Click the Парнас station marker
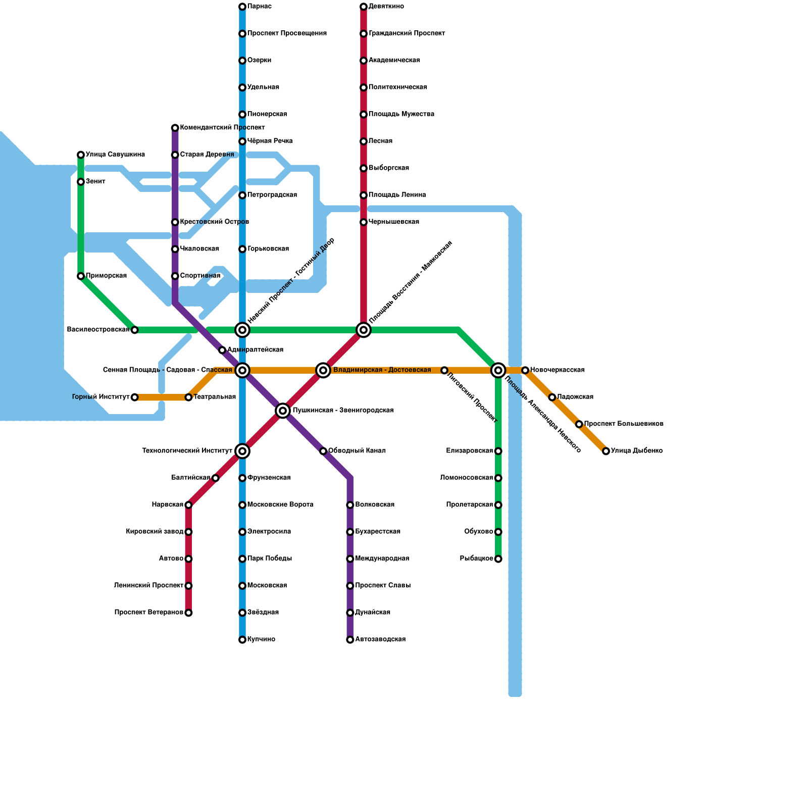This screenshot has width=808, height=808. pyautogui.click(x=242, y=7)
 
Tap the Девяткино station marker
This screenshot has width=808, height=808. pyautogui.click(x=364, y=7)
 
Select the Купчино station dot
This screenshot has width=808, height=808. pyautogui.click(x=242, y=640)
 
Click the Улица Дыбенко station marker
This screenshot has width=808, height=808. pyautogui.click(x=606, y=451)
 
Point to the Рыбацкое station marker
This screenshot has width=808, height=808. pyautogui.click(x=498, y=559)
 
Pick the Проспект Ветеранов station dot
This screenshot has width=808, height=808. pyautogui.click(x=188, y=613)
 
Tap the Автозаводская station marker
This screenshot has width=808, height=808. pyautogui.click(x=350, y=640)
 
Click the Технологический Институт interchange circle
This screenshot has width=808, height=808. pyautogui.click(x=242, y=451)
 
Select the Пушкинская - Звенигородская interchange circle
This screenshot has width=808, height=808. pyautogui.click(x=283, y=411)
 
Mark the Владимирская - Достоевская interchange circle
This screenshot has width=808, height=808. pyautogui.click(x=323, y=370)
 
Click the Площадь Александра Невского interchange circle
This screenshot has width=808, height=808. pyautogui.click(x=498, y=370)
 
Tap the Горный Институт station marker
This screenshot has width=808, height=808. pyautogui.click(x=134, y=397)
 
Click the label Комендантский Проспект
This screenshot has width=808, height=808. pyautogui.click(x=222, y=128)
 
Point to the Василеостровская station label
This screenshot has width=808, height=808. pyautogui.click(x=98, y=330)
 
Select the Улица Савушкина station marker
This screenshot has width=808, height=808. pyautogui.click(x=81, y=155)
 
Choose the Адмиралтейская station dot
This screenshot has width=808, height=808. pyautogui.click(x=222, y=350)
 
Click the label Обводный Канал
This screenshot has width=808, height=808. pyautogui.click(x=357, y=451)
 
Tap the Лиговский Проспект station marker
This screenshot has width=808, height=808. pyautogui.click(x=444, y=370)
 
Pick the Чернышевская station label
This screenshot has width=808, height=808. pyautogui.click(x=393, y=222)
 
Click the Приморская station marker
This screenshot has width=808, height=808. pyautogui.click(x=81, y=276)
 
